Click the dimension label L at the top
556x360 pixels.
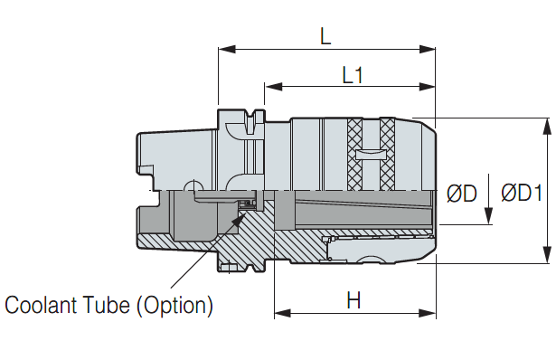325,36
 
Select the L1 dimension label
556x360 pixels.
353,75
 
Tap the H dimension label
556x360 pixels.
353,300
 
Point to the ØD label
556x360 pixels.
462,194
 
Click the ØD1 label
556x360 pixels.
522,194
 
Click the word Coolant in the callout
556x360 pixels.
41,305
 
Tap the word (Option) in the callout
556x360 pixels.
174,306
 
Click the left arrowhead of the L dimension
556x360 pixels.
227,49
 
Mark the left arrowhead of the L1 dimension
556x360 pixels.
274,87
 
